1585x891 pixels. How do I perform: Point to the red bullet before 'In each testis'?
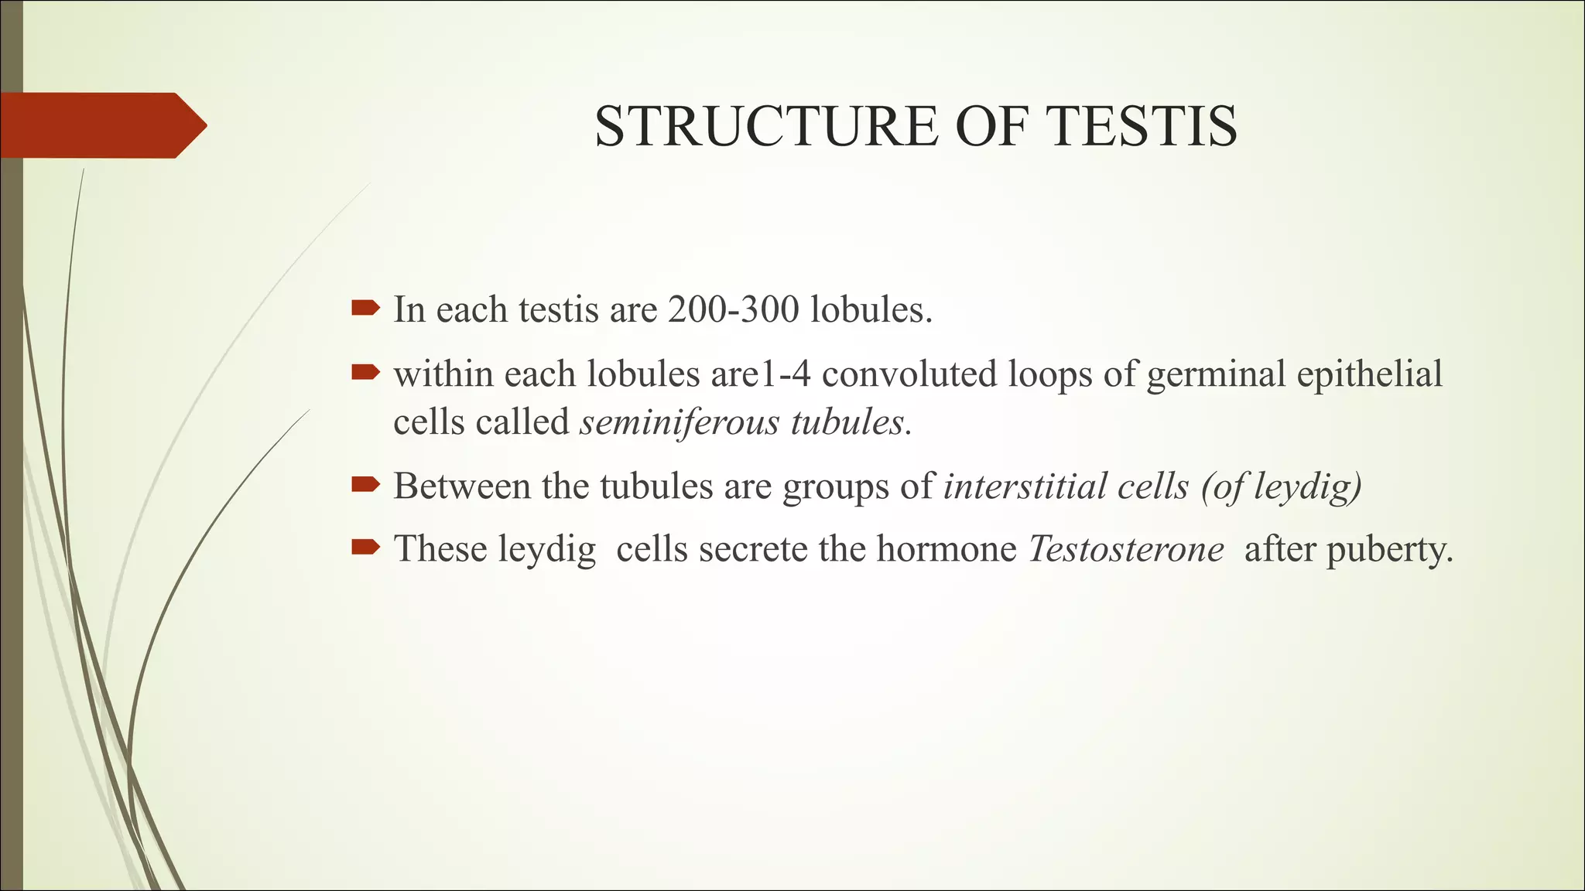pyautogui.click(x=365, y=309)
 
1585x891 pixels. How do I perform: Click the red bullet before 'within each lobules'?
pyautogui.click(x=365, y=374)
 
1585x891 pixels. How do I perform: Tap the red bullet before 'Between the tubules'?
pyautogui.click(x=365, y=485)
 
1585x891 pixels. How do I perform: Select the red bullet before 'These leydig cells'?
pyautogui.click(x=365, y=548)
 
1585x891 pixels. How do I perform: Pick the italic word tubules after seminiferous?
pyautogui.click(x=847, y=422)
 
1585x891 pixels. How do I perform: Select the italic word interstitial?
pyautogui.click(x=1015, y=486)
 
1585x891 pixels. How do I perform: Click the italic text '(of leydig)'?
pyautogui.click(x=1281, y=486)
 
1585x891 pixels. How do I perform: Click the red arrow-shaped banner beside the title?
pyautogui.click(x=101, y=125)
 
